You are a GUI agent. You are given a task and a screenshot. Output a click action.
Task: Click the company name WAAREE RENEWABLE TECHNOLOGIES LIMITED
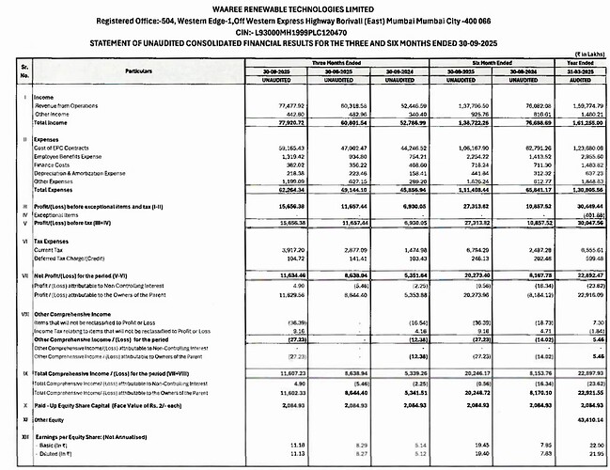305,9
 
